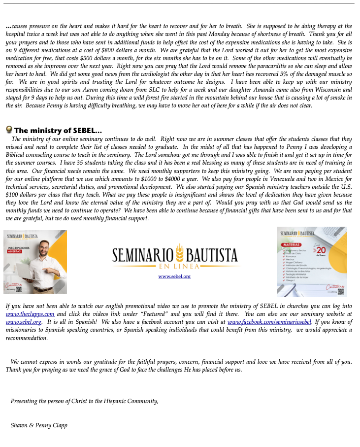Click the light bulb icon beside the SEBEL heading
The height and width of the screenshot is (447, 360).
click(x=9, y=130)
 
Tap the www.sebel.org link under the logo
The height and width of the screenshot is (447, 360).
click(x=174, y=276)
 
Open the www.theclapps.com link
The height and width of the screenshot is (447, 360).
click(x=30, y=314)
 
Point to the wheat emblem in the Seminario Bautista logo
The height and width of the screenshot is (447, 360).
click(x=180, y=253)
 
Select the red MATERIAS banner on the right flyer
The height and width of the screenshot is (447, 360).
click(x=291, y=244)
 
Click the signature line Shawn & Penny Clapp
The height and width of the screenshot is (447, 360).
click(x=39, y=425)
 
